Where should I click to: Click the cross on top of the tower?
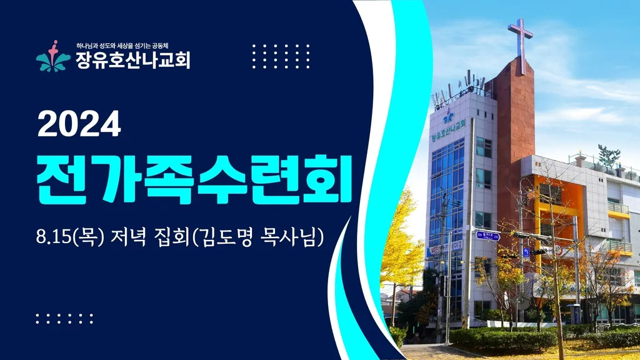(x=521, y=46)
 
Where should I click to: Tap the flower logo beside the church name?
(x=54, y=57)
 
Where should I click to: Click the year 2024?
(x=79, y=124)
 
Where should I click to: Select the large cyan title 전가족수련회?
(x=194, y=179)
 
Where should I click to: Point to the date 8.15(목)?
(x=71, y=237)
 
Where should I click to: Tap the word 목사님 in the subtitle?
(x=287, y=237)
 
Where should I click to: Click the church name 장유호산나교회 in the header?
(x=133, y=60)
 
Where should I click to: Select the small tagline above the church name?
(x=122, y=46)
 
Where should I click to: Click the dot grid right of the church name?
(x=281, y=56)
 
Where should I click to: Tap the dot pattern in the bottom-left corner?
(x=64, y=319)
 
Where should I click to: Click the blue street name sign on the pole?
(x=487, y=236)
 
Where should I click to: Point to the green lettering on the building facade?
(x=448, y=131)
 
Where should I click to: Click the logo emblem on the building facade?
(x=449, y=116)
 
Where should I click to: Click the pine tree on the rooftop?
(x=609, y=156)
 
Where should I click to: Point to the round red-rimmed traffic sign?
(x=558, y=250)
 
